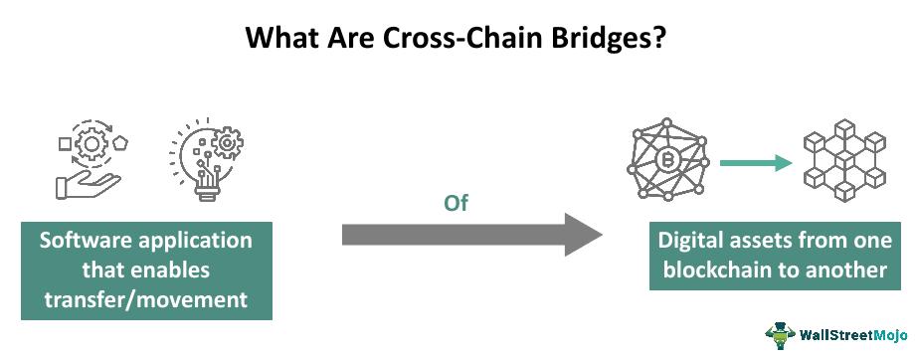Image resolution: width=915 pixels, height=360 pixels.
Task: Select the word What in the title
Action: tap(280, 39)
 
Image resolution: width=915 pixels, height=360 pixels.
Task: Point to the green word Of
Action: tap(456, 203)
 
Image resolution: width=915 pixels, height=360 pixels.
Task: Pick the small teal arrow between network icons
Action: tap(753, 162)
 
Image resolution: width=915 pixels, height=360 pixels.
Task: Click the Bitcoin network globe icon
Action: tap(666, 161)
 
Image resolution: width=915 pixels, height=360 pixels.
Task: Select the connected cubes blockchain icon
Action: tap(842, 162)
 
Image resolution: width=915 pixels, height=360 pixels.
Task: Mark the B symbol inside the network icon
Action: tap(666, 162)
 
